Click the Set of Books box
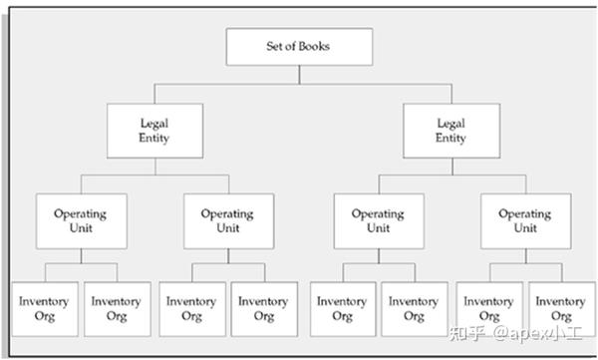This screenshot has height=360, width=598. coord(299,47)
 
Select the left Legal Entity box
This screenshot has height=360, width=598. coord(154,131)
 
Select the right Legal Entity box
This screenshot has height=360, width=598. coord(450,131)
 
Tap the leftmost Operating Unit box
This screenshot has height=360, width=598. coord(81,220)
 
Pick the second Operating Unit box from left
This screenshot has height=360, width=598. coord(228,220)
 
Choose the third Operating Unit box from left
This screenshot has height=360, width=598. coord(378,220)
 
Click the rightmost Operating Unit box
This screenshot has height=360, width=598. coord(524,220)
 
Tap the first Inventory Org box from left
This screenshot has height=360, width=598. coord(44,308)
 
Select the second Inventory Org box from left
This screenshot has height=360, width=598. coord(117,308)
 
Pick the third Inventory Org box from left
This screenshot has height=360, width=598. coord(191,308)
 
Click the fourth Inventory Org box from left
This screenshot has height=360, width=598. coord(264,308)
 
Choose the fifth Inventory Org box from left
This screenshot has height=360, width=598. coord(342,308)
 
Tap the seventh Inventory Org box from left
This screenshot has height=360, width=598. coord(489,308)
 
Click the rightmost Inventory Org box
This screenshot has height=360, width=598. coord(561,308)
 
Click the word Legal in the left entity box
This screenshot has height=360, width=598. coord(154,124)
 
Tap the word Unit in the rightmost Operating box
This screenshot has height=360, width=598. coord(524,228)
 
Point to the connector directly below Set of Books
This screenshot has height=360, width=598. coord(299,76)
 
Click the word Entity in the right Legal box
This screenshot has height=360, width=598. coord(450,139)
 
